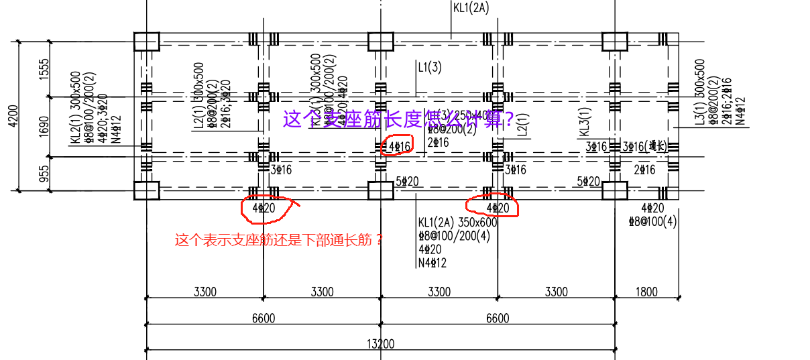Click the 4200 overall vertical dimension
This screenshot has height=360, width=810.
pos(6,115)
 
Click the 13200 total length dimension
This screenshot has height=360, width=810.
pos(380,344)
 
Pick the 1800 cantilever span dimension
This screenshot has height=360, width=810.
pos(646,292)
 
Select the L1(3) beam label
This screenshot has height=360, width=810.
pos(430,67)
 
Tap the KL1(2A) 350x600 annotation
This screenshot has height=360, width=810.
pos(457,223)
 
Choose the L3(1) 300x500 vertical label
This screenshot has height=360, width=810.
pos(700,92)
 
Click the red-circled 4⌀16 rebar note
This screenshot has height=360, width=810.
pos(398,145)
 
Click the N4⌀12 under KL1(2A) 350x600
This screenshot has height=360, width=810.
pos(432,263)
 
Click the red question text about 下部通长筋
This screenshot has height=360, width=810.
pos(279,239)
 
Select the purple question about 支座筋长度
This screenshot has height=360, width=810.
pos(398,119)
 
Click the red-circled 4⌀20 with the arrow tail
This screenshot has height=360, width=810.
pos(264,208)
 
